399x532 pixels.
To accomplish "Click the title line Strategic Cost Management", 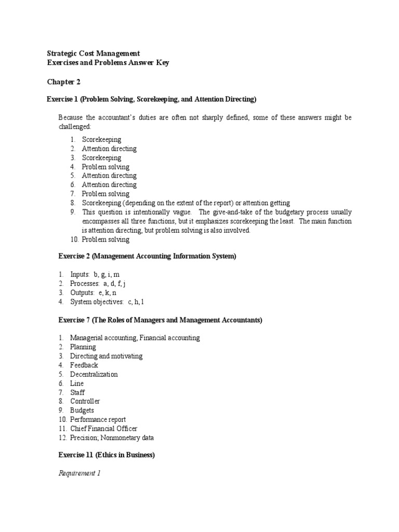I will [x=94, y=54].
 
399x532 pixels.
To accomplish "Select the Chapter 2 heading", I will [x=64, y=82].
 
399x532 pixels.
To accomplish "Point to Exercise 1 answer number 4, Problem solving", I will [x=105, y=167].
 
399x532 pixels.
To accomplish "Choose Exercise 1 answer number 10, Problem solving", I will [x=105, y=240].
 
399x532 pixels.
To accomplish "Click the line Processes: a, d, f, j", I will [x=98, y=284].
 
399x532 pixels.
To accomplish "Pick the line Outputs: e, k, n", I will [x=93, y=293].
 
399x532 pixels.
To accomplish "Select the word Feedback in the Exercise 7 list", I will [x=84, y=365].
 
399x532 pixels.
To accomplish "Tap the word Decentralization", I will [x=94, y=374].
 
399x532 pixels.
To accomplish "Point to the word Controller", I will [x=85, y=402].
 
